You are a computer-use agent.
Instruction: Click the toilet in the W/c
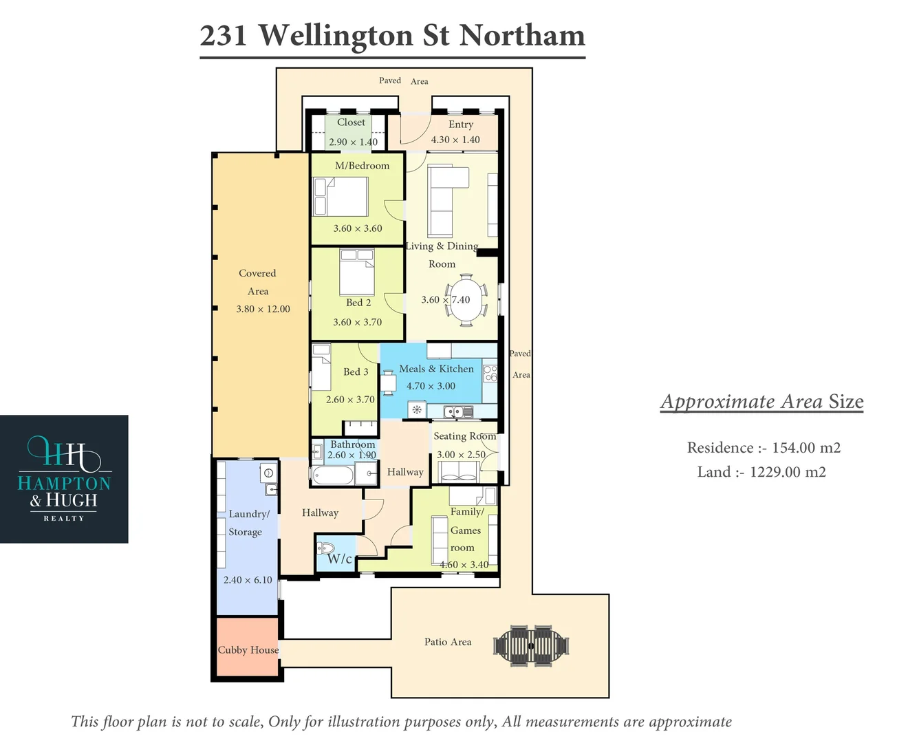(325, 548)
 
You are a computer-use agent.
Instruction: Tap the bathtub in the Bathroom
(333, 475)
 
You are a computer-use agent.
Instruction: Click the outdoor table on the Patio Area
(531, 646)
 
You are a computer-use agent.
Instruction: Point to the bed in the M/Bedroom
(340, 197)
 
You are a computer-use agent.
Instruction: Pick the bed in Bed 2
(357, 272)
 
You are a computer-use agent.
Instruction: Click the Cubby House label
(248, 650)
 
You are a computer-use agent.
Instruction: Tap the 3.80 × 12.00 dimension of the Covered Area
(263, 310)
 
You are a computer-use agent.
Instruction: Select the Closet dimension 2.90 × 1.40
(353, 142)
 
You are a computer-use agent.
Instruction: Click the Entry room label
(461, 125)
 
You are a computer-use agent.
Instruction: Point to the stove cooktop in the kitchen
(490, 373)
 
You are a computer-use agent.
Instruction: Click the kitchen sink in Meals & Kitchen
(458, 412)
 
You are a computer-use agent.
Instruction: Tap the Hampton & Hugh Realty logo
(64, 479)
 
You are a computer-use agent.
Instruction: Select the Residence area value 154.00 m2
(806, 448)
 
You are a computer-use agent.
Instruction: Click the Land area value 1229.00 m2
(788, 472)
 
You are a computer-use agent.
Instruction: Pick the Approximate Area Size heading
(761, 402)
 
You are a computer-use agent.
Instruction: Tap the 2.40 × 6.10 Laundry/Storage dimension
(248, 580)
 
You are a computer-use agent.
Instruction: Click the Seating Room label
(464, 436)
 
